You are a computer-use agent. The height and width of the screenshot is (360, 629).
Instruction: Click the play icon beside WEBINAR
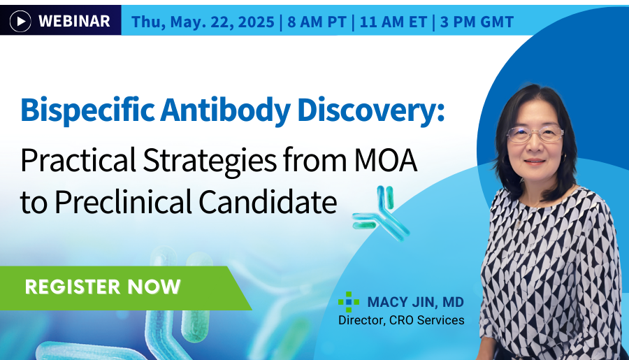coord(21,22)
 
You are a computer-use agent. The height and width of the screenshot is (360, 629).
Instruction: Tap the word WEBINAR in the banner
coord(74,22)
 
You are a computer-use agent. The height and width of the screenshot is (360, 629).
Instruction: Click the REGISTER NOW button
coord(103,287)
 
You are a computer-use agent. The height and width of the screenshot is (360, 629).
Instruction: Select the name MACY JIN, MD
coord(415,303)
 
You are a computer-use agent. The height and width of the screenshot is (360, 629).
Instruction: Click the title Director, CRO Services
coord(401,321)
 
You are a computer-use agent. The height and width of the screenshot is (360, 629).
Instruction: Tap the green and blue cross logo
coord(349,303)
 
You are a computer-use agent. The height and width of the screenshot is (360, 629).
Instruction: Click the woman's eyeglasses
coord(534,133)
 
